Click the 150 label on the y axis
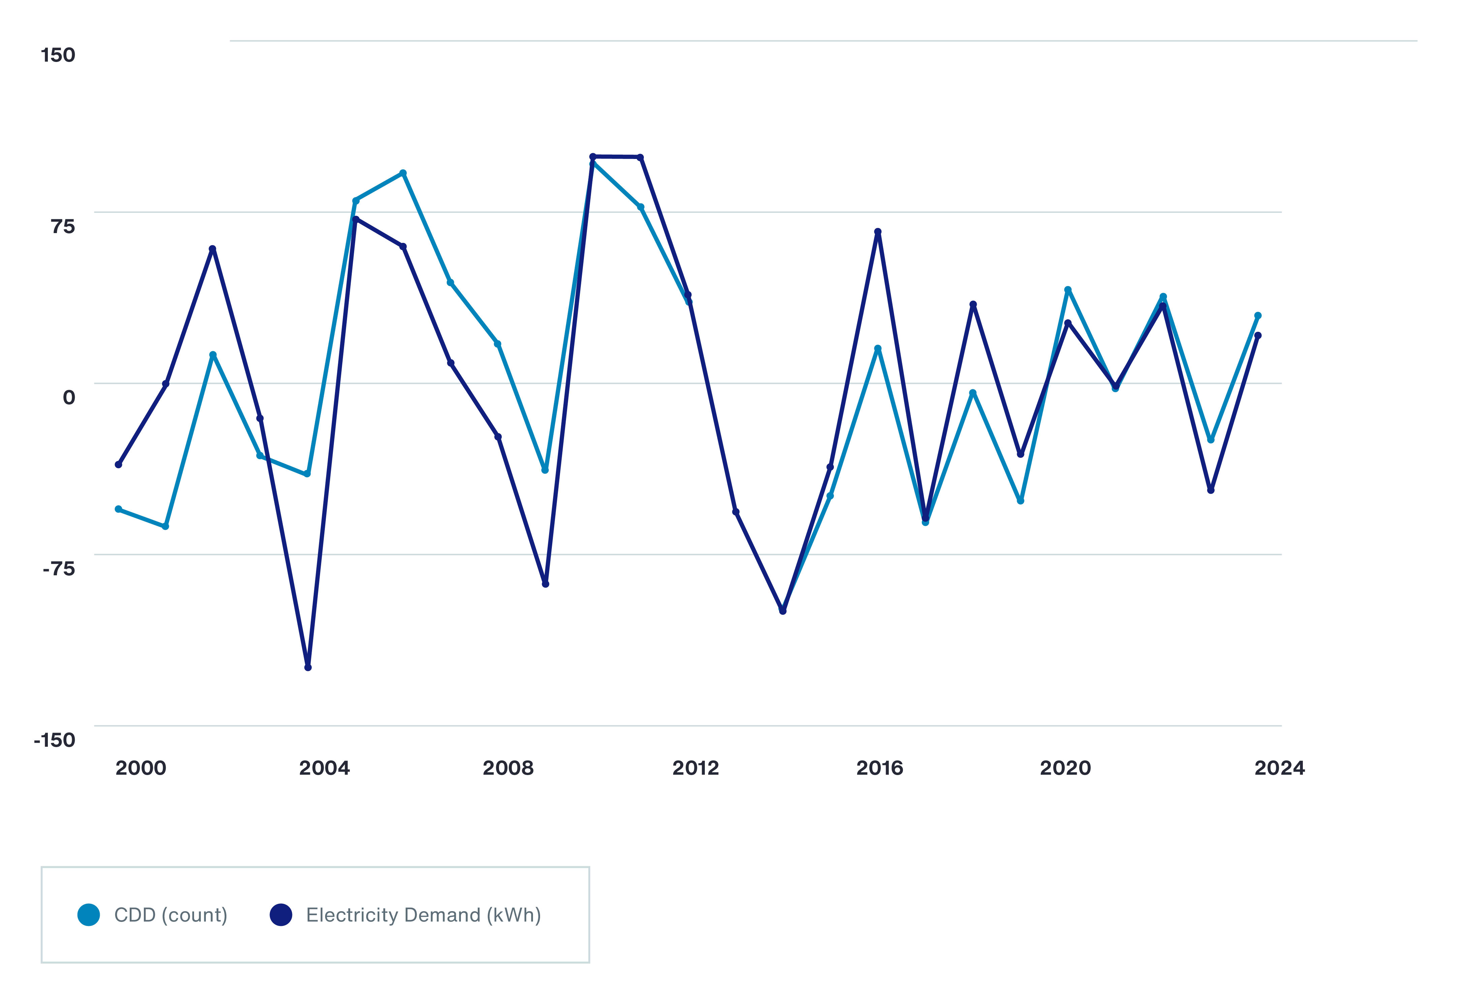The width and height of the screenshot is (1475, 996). (x=58, y=55)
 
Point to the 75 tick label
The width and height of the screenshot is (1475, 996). (x=63, y=226)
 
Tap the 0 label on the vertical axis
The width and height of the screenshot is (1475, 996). (x=68, y=398)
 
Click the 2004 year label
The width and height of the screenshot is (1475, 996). (x=324, y=768)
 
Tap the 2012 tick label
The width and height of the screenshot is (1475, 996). (x=696, y=768)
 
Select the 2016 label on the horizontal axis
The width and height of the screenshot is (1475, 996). (x=879, y=768)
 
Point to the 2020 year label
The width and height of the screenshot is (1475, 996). (x=1065, y=768)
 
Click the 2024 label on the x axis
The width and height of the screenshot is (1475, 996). (x=1280, y=768)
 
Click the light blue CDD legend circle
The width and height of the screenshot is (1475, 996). (x=89, y=915)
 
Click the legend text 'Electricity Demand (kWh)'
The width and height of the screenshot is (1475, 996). (x=423, y=915)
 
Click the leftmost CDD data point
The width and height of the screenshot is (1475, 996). (x=118, y=509)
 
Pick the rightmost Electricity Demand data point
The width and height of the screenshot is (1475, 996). (x=1258, y=335)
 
